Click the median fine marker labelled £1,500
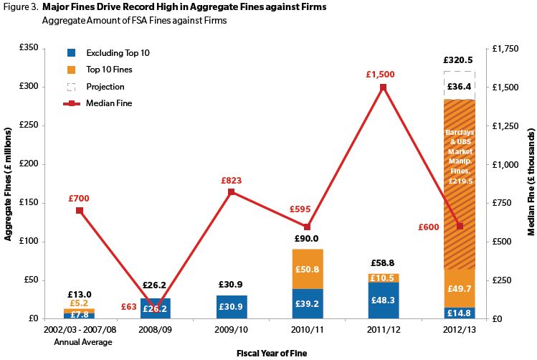[x=383, y=87]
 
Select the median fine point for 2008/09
[x=156, y=308]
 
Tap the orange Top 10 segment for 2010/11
[x=308, y=269]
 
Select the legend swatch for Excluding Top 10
[x=71, y=53]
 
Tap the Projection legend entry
[x=105, y=86]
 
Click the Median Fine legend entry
[x=108, y=103]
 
